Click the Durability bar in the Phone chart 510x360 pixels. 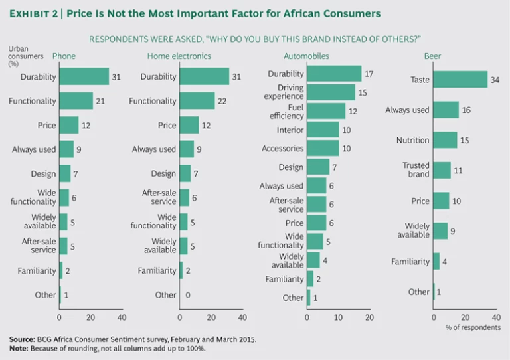pyautogui.click(x=84, y=76)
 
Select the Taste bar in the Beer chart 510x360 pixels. pyautogui.click(x=460, y=80)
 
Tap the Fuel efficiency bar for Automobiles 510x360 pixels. pyautogui.click(x=326, y=111)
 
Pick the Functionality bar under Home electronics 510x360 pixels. pyautogui.click(x=197, y=101)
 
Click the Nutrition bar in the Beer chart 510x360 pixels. pyautogui.click(x=445, y=140)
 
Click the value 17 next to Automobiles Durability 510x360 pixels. pyautogui.click(x=370, y=74)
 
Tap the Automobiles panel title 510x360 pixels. pyautogui.click(x=306, y=56)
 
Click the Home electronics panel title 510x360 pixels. pyautogui.click(x=179, y=56)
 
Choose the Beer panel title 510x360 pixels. pyautogui.click(x=433, y=56)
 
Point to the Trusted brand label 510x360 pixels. pyautogui.click(x=416, y=170)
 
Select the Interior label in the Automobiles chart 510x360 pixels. pyautogui.click(x=290, y=130)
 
